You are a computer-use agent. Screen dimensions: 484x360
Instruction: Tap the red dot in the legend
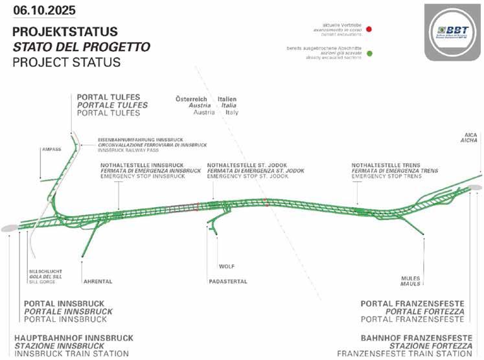pyautogui.click(x=368, y=29)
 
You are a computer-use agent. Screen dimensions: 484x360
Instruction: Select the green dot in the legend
pyautogui.click(x=368, y=53)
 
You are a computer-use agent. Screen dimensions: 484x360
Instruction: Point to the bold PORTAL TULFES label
pyautogui.click(x=112, y=96)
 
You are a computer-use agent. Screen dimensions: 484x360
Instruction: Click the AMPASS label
pyautogui.click(x=51, y=149)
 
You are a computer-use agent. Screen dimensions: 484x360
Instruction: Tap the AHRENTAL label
pyautogui.click(x=99, y=282)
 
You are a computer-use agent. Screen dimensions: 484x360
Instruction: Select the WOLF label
pyautogui.click(x=226, y=266)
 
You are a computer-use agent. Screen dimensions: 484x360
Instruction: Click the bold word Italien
pyautogui.click(x=227, y=98)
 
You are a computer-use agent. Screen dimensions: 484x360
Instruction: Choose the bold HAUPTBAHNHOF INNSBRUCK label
pyautogui.click(x=74, y=338)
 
